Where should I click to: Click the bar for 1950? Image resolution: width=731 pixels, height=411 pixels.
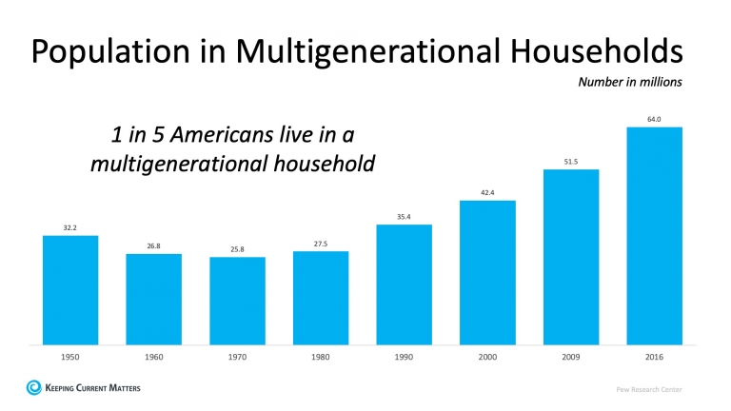coord(70,289)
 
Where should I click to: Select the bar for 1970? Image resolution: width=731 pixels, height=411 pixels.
coord(237,301)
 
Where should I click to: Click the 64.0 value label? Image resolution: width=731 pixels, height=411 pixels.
coord(654,119)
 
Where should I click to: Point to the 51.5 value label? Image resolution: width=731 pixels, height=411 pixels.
coord(571,162)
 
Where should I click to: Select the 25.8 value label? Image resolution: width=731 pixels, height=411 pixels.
coord(237,249)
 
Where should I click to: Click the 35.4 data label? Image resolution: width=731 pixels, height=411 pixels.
coord(404,217)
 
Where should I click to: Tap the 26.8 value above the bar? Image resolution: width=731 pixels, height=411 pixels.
coord(154,245)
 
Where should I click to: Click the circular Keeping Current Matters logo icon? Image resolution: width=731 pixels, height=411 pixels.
coord(34,387)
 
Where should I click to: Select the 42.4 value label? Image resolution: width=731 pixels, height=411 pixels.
coord(487,193)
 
